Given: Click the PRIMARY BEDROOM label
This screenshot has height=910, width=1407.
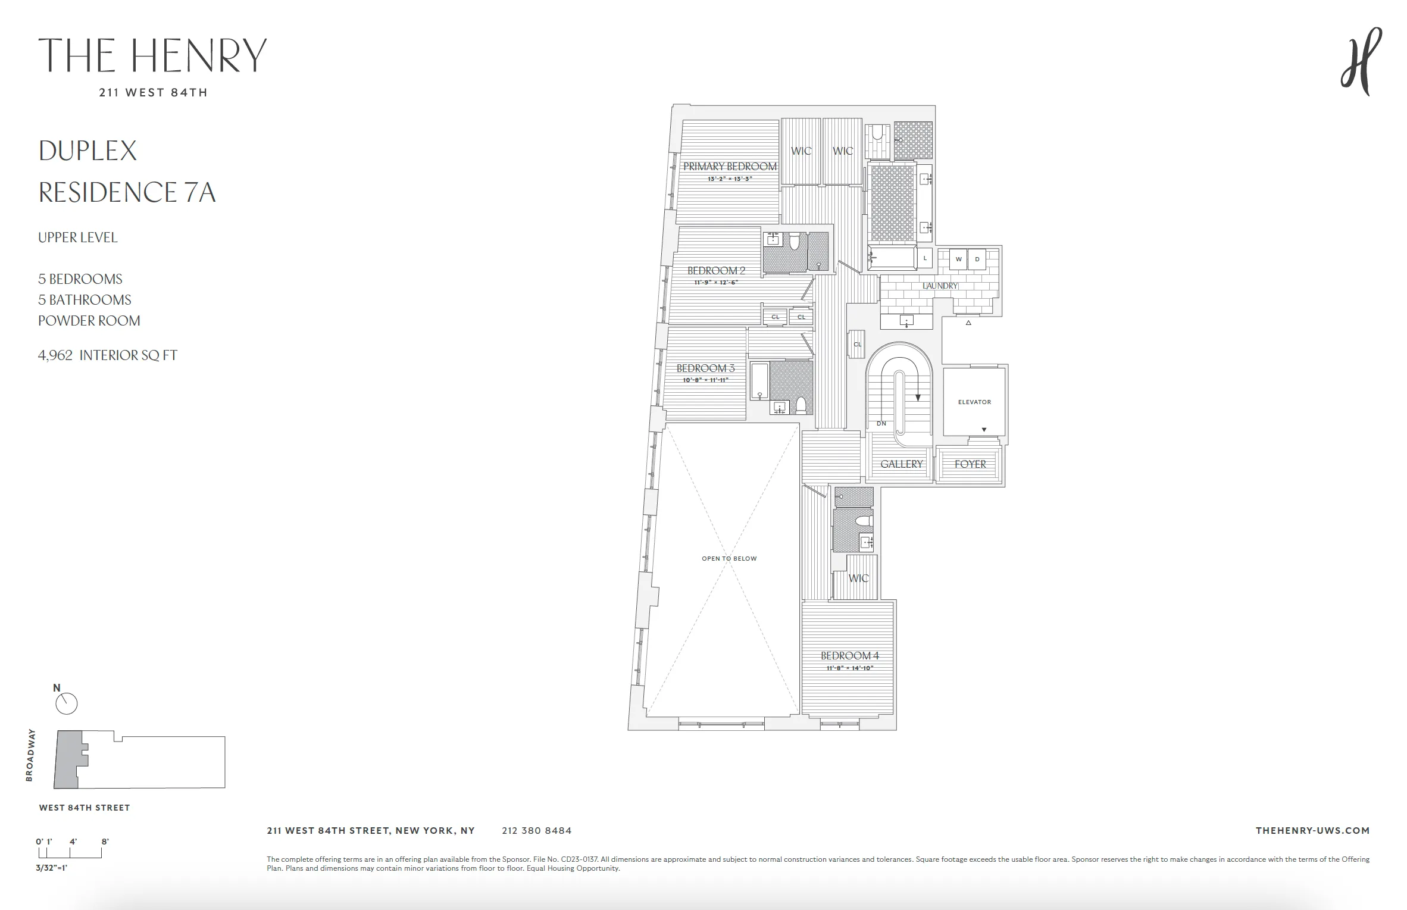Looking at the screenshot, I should pyautogui.click(x=730, y=167).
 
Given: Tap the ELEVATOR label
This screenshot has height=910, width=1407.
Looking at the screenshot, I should pyautogui.click(x=974, y=402).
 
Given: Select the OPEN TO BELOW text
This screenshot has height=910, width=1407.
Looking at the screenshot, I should pyautogui.click(x=729, y=558).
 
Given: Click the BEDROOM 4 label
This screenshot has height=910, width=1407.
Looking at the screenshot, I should pyautogui.click(x=849, y=656).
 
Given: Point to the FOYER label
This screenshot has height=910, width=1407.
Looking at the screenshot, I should pyautogui.click(x=970, y=464).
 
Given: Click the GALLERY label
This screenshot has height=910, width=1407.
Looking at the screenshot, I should pyautogui.click(x=901, y=464).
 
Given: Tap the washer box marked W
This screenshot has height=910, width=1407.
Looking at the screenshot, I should pyautogui.click(x=958, y=259).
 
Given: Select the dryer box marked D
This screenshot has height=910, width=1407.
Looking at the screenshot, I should pyautogui.click(x=977, y=259).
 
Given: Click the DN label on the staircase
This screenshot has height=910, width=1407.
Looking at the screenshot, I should pyautogui.click(x=881, y=424).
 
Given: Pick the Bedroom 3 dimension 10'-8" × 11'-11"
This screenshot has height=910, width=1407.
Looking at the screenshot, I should pyautogui.click(x=705, y=380).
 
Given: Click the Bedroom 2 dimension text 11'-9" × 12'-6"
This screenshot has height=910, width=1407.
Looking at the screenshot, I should pyautogui.click(x=716, y=283).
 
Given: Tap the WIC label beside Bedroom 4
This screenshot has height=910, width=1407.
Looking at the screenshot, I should pyautogui.click(x=858, y=578).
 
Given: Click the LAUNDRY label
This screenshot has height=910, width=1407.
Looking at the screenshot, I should pyautogui.click(x=940, y=286).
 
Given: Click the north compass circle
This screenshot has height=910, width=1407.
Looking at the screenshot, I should pyautogui.click(x=67, y=704).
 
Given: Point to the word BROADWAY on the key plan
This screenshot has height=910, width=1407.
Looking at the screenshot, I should pyautogui.click(x=30, y=755).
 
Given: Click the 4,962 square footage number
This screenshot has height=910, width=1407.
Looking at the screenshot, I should pyautogui.click(x=55, y=355).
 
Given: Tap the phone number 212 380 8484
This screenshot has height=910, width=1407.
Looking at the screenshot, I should pyautogui.click(x=536, y=830).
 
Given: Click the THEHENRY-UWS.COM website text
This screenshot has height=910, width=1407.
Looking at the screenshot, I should pyautogui.click(x=1312, y=830).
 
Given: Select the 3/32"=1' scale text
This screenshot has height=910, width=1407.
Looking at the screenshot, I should pyautogui.click(x=52, y=868).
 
